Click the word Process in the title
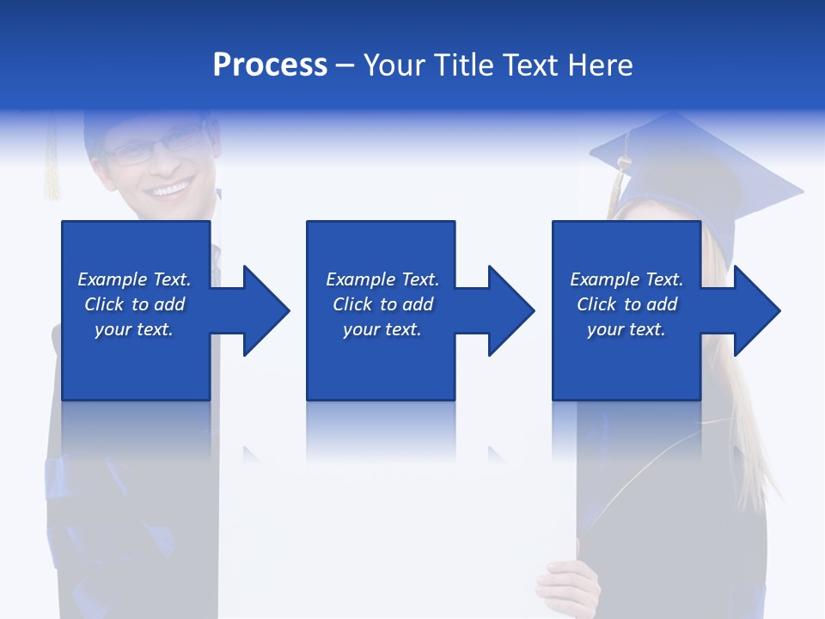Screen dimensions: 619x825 click(x=270, y=65)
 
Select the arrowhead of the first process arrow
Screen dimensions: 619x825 click(x=266, y=310)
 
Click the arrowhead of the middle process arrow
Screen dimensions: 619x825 click(x=511, y=310)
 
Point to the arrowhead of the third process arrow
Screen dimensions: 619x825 click(x=757, y=310)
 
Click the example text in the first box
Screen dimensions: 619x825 click(x=135, y=304)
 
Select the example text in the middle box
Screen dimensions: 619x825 click(x=382, y=304)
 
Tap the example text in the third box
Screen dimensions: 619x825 click(x=626, y=304)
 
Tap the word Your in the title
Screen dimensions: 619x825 click(x=396, y=65)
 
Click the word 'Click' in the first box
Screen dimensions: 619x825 click(x=105, y=304)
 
